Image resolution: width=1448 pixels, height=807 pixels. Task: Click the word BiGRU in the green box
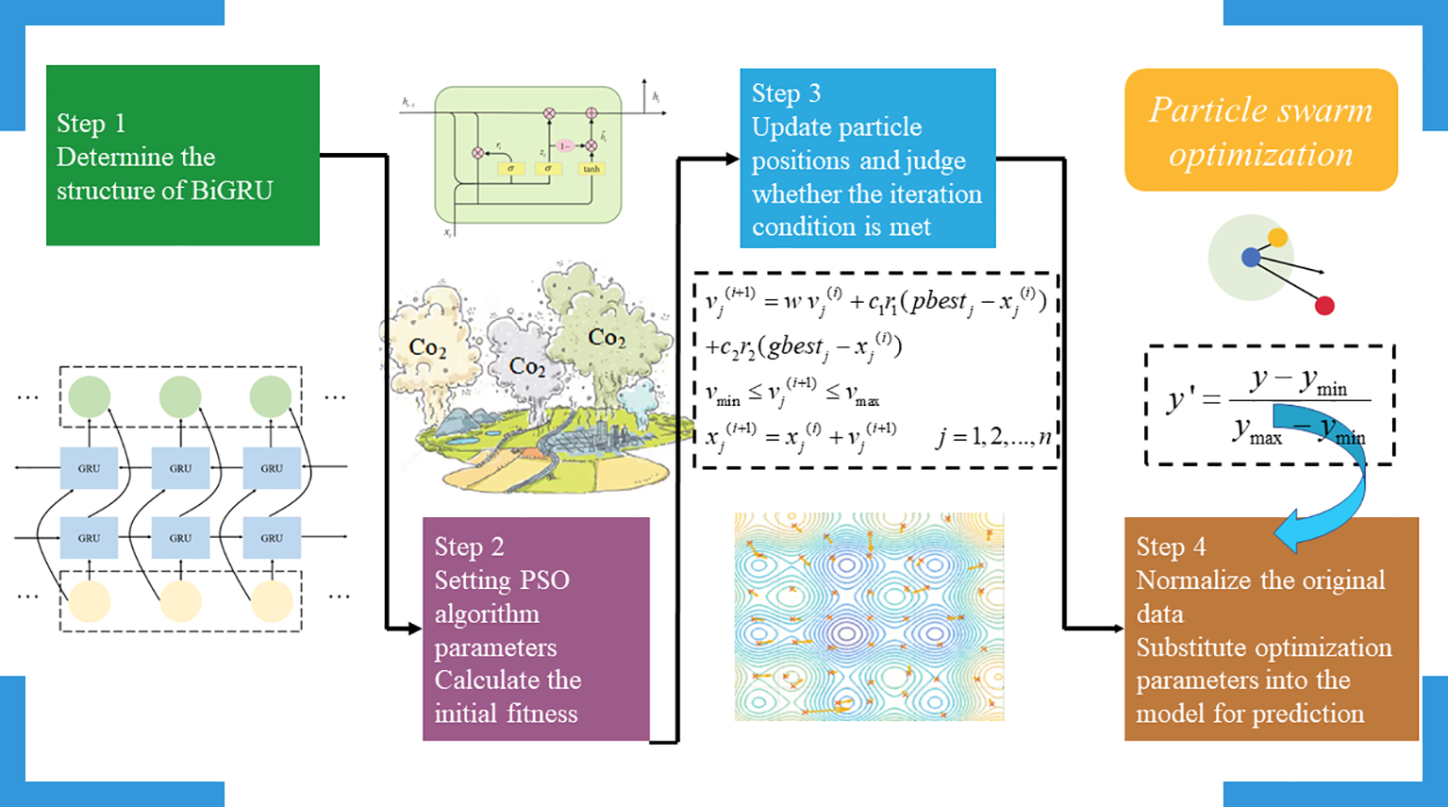[231, 191]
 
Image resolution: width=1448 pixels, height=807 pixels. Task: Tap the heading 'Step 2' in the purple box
[469, 546]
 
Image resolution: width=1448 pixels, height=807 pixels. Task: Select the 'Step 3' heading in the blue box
[786, 93]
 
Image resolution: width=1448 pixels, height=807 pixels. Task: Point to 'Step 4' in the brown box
[1171, 546]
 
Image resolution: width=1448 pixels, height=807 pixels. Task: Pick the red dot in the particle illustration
[1324, 305]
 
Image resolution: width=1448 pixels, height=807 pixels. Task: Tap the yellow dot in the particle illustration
[1277, 237]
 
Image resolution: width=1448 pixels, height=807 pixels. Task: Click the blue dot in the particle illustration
[1251, 257]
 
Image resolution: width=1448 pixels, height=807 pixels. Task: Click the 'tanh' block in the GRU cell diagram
[591, 169]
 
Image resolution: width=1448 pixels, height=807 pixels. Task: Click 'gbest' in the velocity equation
[794, 346]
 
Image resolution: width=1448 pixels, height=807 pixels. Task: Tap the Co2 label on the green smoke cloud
[606, 337]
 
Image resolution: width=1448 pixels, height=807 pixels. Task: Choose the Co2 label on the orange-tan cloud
[427, 347]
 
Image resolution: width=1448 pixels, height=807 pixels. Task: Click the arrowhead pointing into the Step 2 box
[414, 628]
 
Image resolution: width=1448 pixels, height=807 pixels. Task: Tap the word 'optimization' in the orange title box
[1260, 155]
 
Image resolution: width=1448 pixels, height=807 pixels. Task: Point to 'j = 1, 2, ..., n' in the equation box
[992, 437]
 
